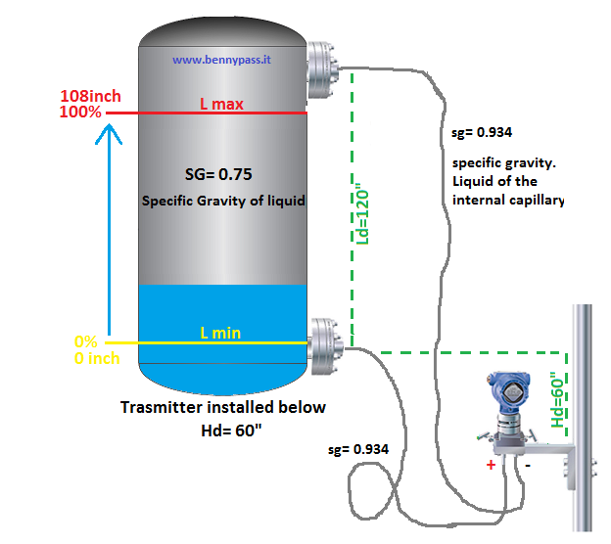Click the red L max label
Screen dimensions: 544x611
tap(221, 104)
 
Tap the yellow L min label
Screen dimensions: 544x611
tap(220, 334)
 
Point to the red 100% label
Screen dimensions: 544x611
tap(80, 113)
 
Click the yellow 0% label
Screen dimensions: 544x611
tap(86, 342)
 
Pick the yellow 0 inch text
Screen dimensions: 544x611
tap(96, 358)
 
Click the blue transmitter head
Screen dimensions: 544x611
tap(511, 392)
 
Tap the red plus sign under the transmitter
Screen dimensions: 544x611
tap(491, 465)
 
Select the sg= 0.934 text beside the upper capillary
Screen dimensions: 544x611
tap(483, 132)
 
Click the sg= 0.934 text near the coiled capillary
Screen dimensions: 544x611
tap(358, 449)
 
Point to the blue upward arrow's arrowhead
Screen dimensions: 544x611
tap(110, 141)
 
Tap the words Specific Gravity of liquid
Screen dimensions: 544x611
tap(224, 201)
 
